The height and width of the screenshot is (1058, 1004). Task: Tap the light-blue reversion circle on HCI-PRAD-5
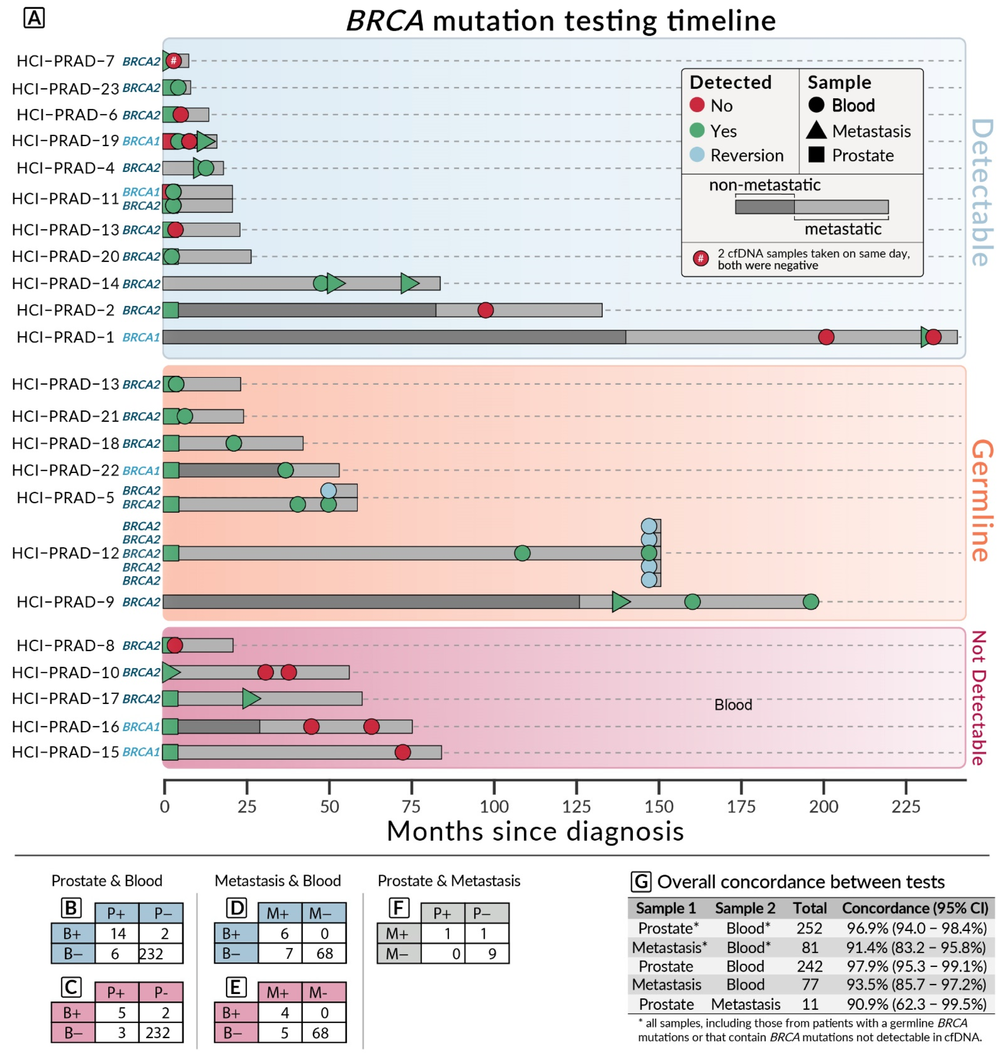click(328, 491)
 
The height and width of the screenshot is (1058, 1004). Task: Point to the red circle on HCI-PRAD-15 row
click(402, 752)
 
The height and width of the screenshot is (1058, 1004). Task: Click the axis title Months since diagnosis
click(535, 831)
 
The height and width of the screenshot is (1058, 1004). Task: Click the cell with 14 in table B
click(117, 934)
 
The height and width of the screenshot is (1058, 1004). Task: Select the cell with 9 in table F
click(491, 954)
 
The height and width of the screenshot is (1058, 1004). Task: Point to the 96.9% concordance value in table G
click(916, 928)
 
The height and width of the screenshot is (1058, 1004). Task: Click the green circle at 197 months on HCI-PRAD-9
click(810, 601)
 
